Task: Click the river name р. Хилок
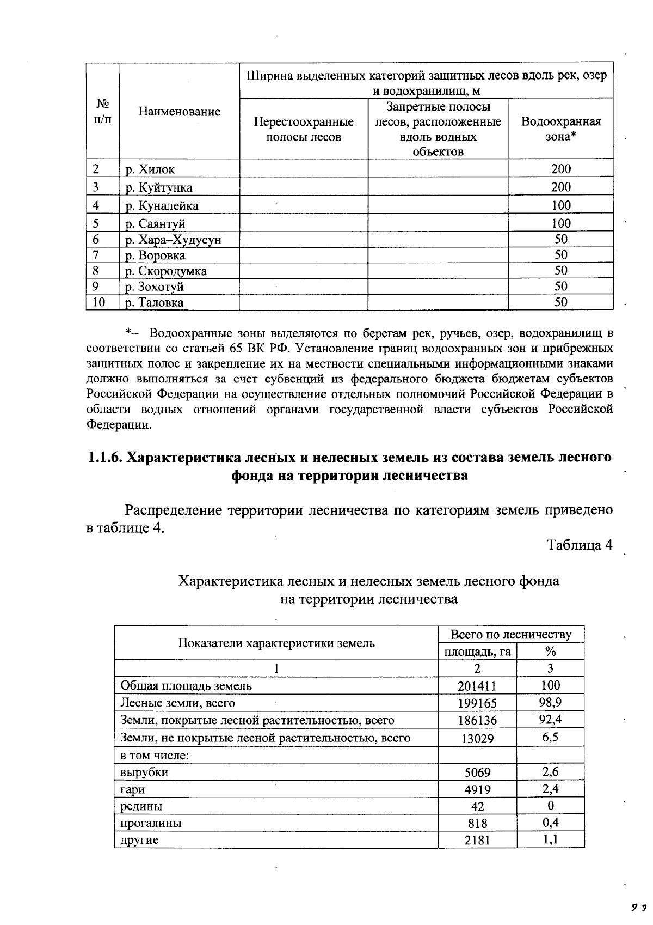(x=150, y=169)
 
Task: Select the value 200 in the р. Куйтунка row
(x=560, y=187)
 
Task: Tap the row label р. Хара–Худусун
(x=173, y=240)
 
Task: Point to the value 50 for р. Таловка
(x=560, y=302)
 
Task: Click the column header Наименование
(x=179, y=112)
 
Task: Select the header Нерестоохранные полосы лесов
(x=304, y=129)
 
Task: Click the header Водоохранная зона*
(x=560, y=129)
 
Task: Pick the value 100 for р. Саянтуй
(x=560, y=223)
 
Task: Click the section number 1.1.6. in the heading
(x=105, y=457)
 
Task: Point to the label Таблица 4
(x=580, y=545)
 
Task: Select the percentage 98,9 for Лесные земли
(x=550, y=702)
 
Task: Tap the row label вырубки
(x=144, y=772)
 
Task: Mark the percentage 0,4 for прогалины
(x=550, y=823)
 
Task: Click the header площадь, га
(x=477, y=652)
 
